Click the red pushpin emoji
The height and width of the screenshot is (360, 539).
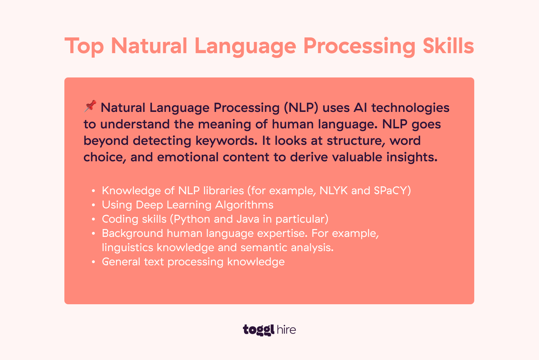pos(90,106)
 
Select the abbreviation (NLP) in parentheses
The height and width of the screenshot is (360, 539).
pos(301,107)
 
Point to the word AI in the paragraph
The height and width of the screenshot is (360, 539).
pos(360,107)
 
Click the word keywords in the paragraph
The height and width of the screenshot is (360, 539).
pos(226,141)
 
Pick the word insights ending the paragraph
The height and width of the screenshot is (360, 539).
pos(412,157)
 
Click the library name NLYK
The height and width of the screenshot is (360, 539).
pos(334,190)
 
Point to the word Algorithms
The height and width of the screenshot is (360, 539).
pos(244,205)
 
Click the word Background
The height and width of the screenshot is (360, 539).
pos(133,234)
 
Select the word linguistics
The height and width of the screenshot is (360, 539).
pos(127,248)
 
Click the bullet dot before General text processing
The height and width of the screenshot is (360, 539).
pos(93,262)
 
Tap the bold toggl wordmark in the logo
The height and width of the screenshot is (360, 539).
pos(259,330)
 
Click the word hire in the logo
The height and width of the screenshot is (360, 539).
pos(286,329)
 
